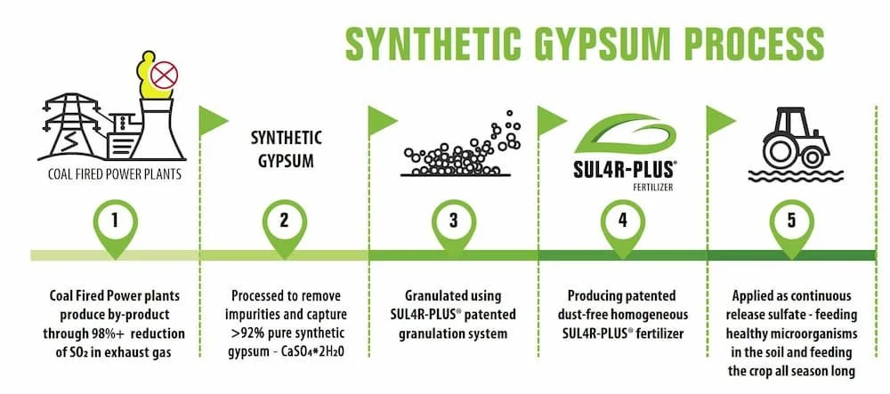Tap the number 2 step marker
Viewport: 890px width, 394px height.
point(284,221)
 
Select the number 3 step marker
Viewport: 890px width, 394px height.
point(454,221)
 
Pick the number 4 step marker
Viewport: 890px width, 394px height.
point(622,221)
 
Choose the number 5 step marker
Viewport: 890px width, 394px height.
point(792,221)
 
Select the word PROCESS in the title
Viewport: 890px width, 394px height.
point(751,42)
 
